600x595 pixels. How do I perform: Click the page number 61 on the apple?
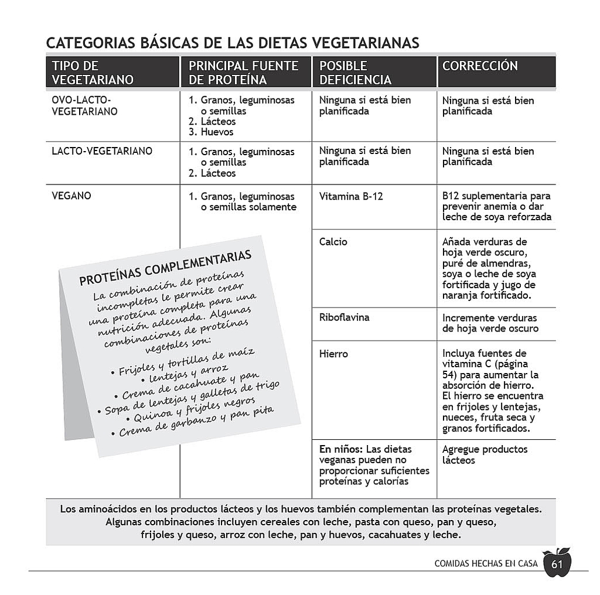pyautogui.click(x=556, y=565)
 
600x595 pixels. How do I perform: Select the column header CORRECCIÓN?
pyautogui.click(x=480, y=66)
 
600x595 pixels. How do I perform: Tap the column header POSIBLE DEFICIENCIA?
pyautogui.click(x=355, y=73)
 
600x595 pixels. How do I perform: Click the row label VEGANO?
pyautogui.click(x=71, y=196)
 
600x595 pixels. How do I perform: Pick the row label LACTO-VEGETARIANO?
pyautogui.click(x=102, y=151)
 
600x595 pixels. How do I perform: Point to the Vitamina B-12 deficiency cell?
pyautogui.click(x=351, y=196)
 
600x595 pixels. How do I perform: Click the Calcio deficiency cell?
pyautogui.click(x=333, y=241)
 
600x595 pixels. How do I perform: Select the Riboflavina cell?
pyautogui.click(x=344, y=317)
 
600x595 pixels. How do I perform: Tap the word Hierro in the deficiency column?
pyautogui.click(x=333, y=354)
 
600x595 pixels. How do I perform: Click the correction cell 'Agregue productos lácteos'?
pyautogui.click(x=485, y=454)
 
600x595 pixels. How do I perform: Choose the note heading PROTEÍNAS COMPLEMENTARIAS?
pyautogui.click(x=166, y=268)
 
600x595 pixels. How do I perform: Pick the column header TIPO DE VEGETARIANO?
pyautogui.click(x=93, y=73)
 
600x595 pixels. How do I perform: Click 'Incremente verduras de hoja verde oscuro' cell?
pyautogui.click(x=490, y=323)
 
